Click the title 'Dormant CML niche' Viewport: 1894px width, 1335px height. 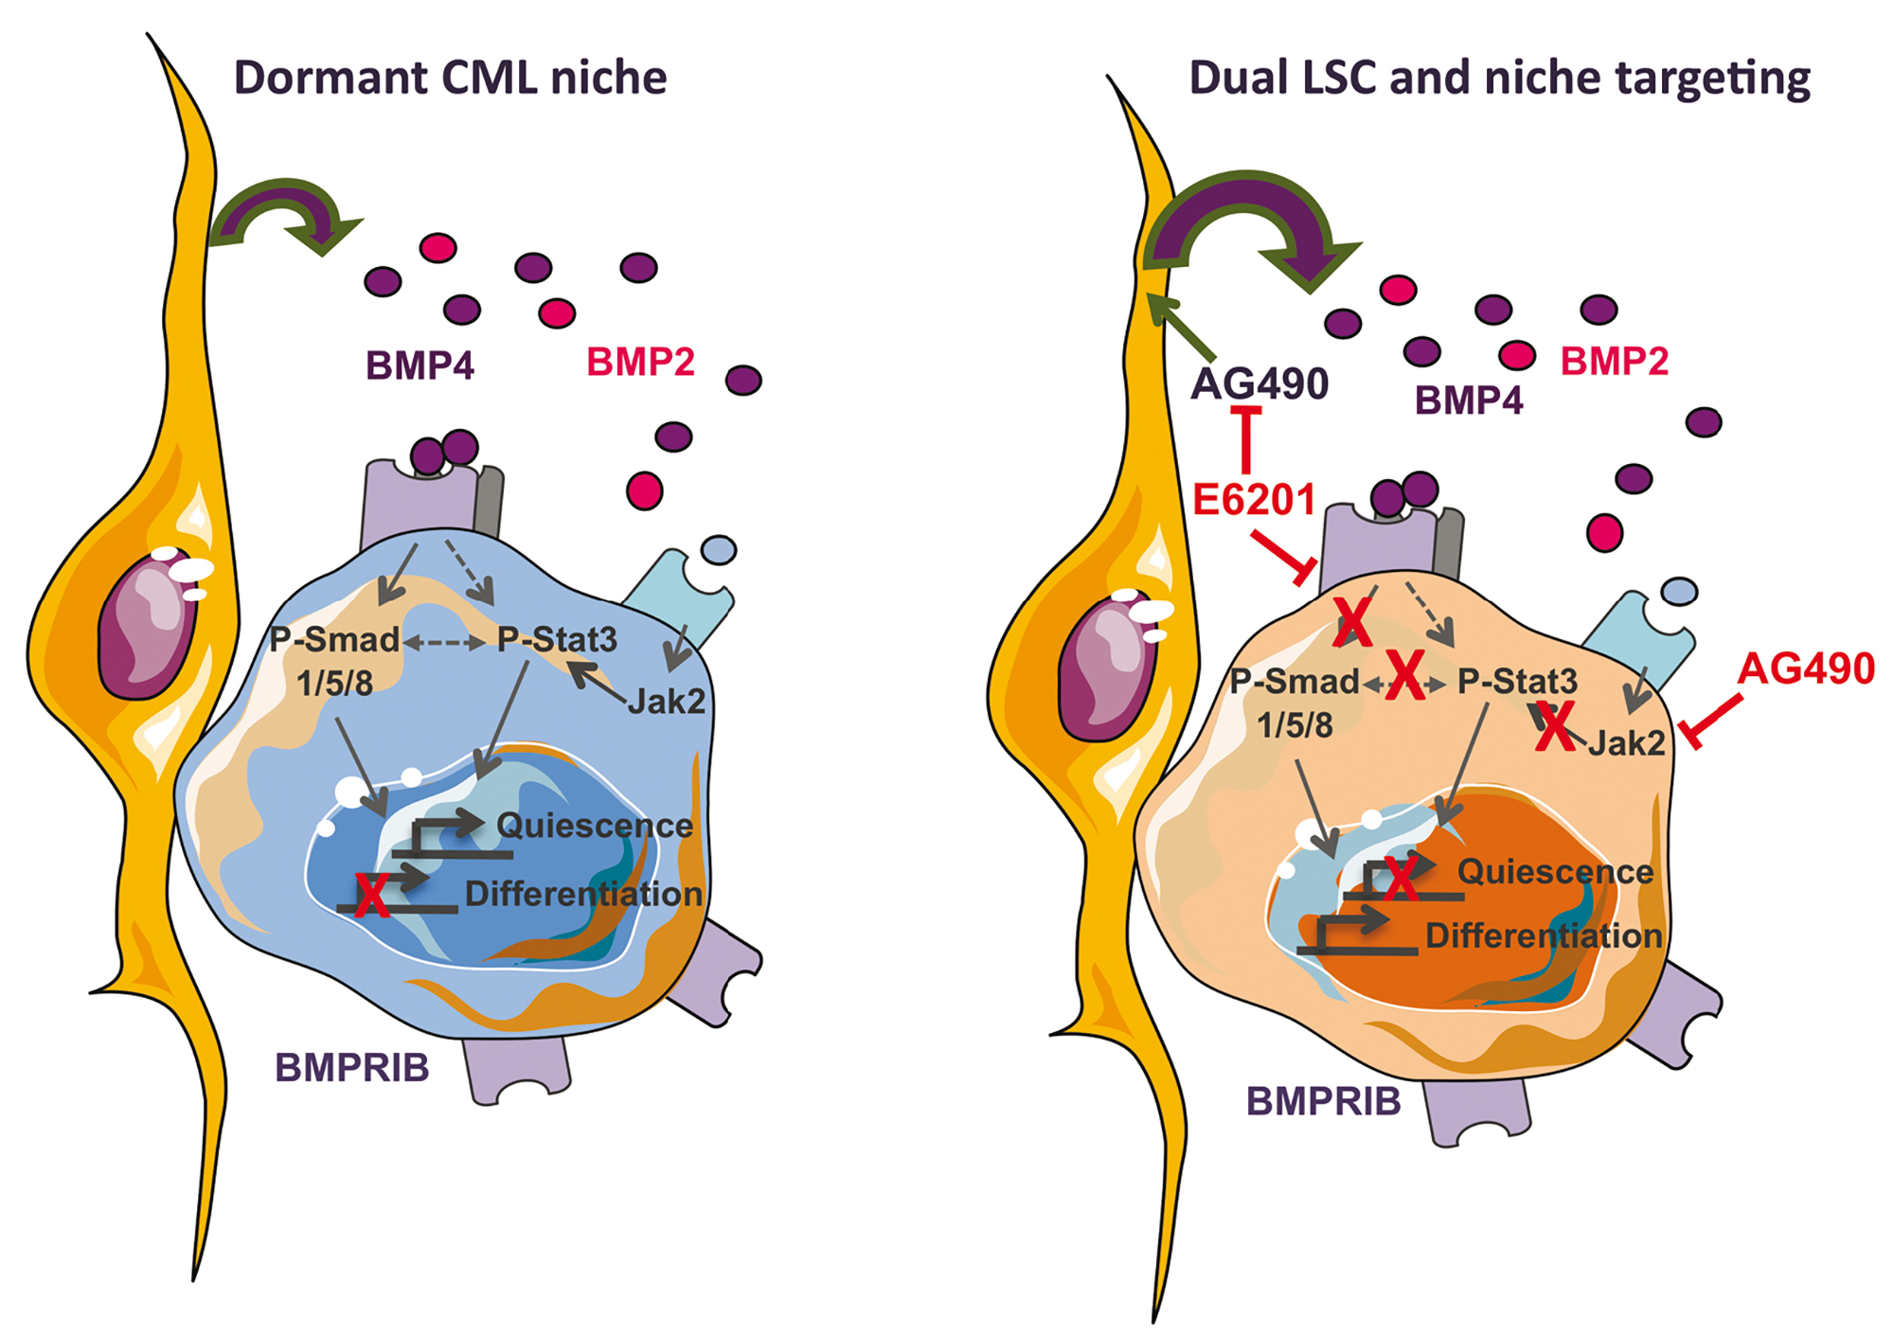pyautogui.click(x=450, y=78)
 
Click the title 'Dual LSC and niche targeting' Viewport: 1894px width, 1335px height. pyautogui.click(x=1499, y=78)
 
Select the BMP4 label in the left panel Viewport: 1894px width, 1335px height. pyautogui.click(x=420, y=365)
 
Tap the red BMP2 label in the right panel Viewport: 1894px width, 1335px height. pyautogui.click(x=1614, y=361)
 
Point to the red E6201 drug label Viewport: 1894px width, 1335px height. pyautogui.click(x=1254, y=500)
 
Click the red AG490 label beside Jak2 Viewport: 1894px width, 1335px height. pyautogui.click(x=1806, y=668)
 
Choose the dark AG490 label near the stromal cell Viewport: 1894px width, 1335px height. pyautogui.click(x=1260, y=383)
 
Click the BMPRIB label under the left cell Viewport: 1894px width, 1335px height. pyautogui.click(x=352, y=1068)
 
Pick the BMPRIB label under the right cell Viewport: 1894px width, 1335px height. pyautogui.click(x=1323, y=1101)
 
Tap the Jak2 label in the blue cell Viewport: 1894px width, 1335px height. pyautogui.click(x=666, y=702)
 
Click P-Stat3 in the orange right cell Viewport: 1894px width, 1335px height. pyautogui.click(x=1517, y=681)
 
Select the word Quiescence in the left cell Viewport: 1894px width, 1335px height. pyautogui.click(x=595, y=826)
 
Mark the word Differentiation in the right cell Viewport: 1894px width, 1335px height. pyautogui.click(x=1544, y=935)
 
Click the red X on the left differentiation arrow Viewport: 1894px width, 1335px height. pyautogui.click(x=371, y=895)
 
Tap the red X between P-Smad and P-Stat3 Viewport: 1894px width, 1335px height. pyautogui.click(x=1405, y=675)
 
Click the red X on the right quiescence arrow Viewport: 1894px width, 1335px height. pyautogui.click(x=1401, y=878)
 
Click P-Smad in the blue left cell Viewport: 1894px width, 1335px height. pyautogui.click(x=334, y=640)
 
